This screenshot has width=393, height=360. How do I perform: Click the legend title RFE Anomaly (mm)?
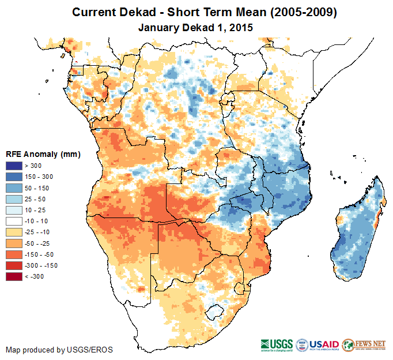coord(43,154)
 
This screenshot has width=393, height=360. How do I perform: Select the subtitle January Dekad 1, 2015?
coord(196,27)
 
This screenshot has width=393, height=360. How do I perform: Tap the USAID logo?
coord(317,344)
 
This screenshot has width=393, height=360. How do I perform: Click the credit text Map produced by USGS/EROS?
coord(59,350)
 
